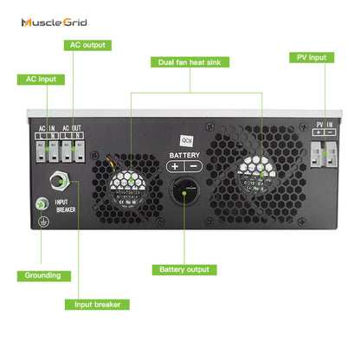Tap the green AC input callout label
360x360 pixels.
[41, 79]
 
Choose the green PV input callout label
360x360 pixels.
[310, 57]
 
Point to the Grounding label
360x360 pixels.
[42, 275]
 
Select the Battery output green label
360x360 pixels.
[184, 269]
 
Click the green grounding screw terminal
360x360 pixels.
[39, 205]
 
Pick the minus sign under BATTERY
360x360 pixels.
[193, 166]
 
